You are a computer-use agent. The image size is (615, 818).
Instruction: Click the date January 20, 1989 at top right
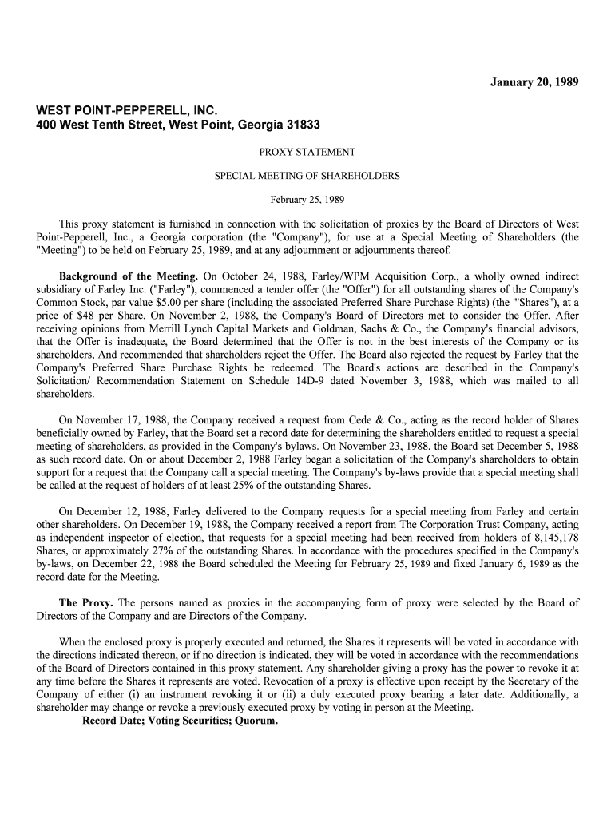(534, 82)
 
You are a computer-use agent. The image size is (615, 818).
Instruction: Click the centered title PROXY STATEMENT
(307, 152)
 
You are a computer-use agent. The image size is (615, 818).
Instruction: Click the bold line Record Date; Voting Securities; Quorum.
(181, 721)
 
